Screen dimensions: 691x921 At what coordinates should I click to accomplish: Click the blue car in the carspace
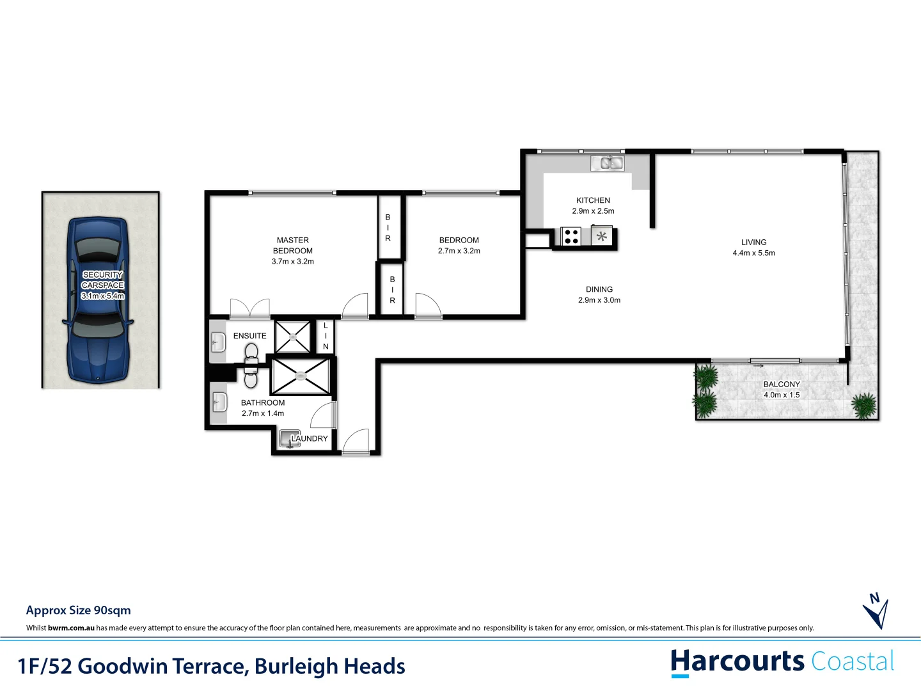click(x=98, y=301)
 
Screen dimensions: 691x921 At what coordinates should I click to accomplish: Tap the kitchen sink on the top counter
click(x=608, y=163)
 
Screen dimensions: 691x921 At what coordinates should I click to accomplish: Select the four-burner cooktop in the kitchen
click(x=571, y=237)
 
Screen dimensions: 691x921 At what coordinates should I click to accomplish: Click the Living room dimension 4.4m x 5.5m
click(x=753, y=253)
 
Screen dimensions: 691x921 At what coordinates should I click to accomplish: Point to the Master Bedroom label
click(x=293, y=246)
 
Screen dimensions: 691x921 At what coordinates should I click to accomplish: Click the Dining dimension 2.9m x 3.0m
click(x=599, y=300)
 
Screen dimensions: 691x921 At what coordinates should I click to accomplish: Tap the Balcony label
click(x=782, y=385)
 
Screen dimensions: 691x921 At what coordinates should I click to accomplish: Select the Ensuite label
click(x=249, y=336)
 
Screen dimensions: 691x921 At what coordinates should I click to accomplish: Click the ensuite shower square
click(x=293, y=337)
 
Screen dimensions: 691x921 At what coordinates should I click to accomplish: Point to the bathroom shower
click(x=301, y=377)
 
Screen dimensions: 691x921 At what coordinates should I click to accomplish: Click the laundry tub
click(x=288, y=439)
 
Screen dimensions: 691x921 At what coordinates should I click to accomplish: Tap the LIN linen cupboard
click(x=326, y=337)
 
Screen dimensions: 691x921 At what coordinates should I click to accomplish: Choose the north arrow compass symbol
click(x=875, y=611)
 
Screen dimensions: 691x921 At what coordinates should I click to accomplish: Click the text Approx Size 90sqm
click(x=78, y=610)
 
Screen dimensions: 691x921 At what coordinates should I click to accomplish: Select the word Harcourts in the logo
click(x=737, y=662)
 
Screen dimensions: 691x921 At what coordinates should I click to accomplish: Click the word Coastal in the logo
click(x=853, y=662)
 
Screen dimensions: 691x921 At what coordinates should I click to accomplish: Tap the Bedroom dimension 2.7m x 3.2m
click(x=459, y=251)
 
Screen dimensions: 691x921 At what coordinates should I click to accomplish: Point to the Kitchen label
click(x=593, y=200)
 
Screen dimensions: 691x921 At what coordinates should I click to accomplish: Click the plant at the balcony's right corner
click(x=865, y=405)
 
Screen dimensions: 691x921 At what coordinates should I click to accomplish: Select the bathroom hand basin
click(x=219, y=403)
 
